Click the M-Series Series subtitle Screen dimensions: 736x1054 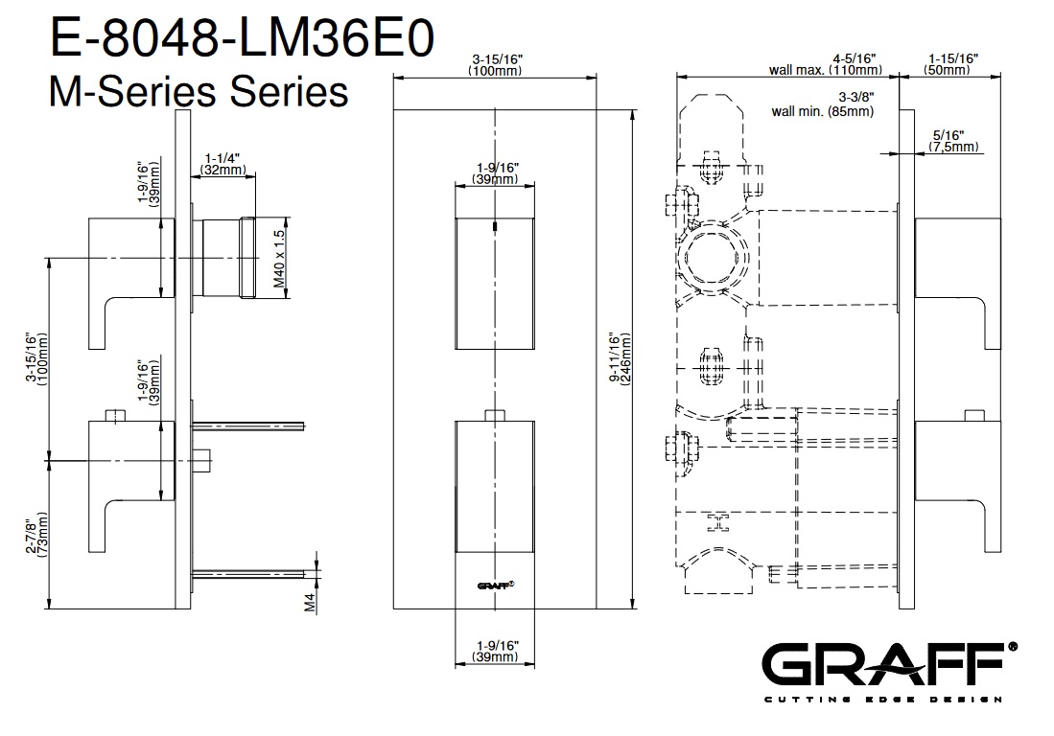[x=197, y=93]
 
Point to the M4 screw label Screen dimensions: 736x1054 [x=310, y=602]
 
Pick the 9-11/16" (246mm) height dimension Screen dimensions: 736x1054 [x=619, y=358]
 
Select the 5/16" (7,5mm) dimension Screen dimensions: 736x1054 [x=953, y=141]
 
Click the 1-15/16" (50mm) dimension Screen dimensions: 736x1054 [x=951, y=64]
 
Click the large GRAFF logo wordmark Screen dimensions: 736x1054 [x=888, y=666]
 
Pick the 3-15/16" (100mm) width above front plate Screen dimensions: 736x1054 [x=495, y=64]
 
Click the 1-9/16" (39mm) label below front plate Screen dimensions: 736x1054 [x=496, y=651]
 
